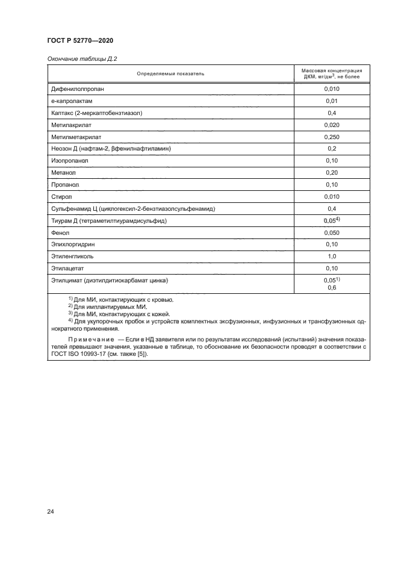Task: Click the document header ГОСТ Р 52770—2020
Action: pos(79,40)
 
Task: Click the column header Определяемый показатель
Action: pos(170,74)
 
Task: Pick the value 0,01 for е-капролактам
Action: pos(331,101)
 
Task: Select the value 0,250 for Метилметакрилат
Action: pos(331,137)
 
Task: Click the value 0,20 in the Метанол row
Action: pos(331,173)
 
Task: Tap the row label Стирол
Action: pos(61,196)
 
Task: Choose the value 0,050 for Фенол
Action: pos(331,232)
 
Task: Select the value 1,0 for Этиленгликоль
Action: pos(331,256)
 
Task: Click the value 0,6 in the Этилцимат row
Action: pos(331,288)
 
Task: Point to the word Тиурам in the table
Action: pos(63,220)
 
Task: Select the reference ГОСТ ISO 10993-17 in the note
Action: pos(82,353)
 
